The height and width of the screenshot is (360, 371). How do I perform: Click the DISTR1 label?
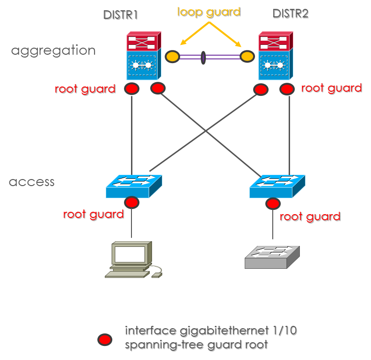pyautogui.click(x=120, y=14)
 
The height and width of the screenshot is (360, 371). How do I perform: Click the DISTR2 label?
pyautogui.click(x=290, y=14)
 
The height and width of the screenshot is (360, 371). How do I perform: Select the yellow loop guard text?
pyautogui.click(x=208, y=12)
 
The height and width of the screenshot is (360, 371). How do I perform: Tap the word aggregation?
pyautogui.click(x=53, y=50)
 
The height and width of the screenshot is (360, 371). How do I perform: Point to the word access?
pyautogui.click(x=32, y=181)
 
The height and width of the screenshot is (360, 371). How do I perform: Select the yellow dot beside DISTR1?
pyautogui.click(x=172, y=57)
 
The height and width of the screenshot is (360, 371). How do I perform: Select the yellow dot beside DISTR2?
pyautogui.click(x=247, y=57)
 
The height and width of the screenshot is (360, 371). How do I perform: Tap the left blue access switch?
pyautogui.click(x=134, y=187)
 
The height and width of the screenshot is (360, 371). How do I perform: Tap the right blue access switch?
pyautogui.click(x=277, y=187)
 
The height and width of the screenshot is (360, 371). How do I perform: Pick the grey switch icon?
pyautogui.click(x=272, y=257)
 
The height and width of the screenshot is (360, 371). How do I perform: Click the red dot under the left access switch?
pyautogui.click(x=131, y=203)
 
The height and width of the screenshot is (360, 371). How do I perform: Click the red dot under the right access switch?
pyautogui.click(x=272, y=204)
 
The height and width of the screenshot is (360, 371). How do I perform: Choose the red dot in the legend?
pyautogui.click(x=104, y=339)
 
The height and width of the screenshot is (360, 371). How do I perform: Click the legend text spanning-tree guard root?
pyautogui.click(x=196, y=345)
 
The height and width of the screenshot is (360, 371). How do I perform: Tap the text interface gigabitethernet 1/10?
pyautogui.click(x=211, y=331)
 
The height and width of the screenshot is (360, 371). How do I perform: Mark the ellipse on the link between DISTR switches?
pyautogui.click(x=203, y=58)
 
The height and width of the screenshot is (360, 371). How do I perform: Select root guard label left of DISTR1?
pyautogui.click(x=85, y=89)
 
